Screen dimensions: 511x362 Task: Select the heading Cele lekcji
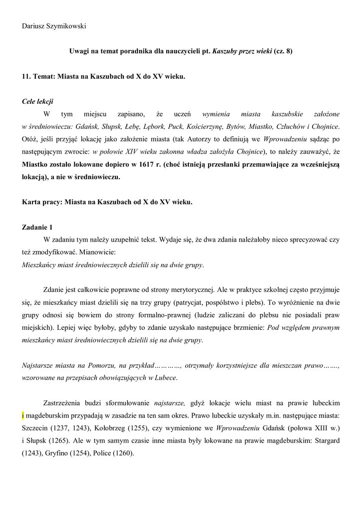point(38,101)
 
